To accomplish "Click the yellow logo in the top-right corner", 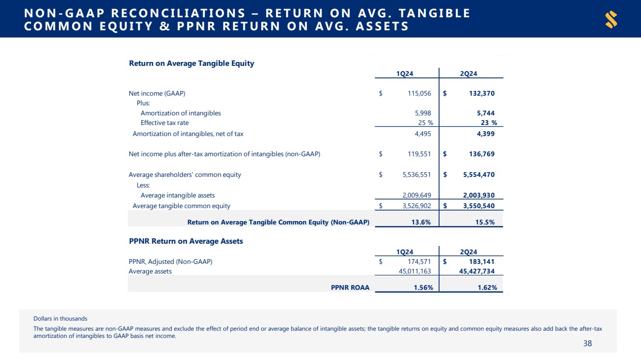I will pos(611,20).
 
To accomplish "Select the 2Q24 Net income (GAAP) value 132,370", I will pos(478,93).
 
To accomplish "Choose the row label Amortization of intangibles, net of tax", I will pos(188,134).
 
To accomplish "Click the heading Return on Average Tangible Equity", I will pos(191,63).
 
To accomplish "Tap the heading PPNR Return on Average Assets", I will pos(186,241).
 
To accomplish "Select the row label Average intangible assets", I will pos(177,195).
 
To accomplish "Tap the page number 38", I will pos(587,343).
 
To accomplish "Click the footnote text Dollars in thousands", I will pos(60,318).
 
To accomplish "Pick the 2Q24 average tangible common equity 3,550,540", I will pos(474,206).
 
